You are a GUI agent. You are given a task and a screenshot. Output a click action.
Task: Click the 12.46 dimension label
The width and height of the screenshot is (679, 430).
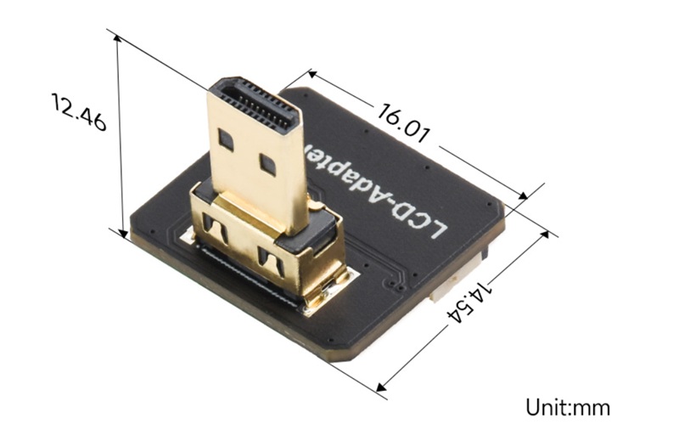[x=79, y=112]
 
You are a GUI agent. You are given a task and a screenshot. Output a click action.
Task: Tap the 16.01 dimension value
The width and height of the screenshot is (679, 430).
[x=404, y=122]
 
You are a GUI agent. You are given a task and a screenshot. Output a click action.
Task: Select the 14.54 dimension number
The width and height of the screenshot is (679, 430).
[x=470, y=303]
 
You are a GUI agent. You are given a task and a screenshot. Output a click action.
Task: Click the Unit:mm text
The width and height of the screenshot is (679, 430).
[x=568, y=407]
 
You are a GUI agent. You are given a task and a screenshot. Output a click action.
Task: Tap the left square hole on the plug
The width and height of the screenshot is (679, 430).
[x=226, y=139]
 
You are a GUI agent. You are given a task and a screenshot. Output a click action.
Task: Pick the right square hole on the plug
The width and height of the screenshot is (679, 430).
[x=267, y=165]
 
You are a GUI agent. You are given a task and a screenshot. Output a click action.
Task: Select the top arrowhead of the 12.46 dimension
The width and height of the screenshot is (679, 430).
[x=117, y=39]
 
